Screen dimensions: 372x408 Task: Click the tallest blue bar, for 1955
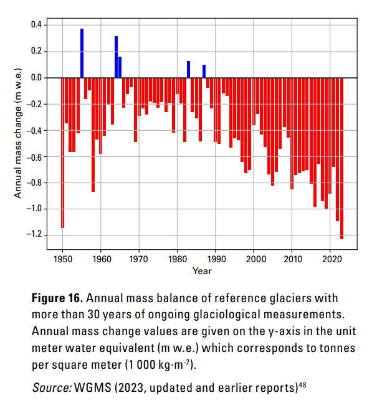[x=82, y=53]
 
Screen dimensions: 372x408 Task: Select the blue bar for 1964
[x=116, y=57]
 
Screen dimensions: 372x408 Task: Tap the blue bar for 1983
[x=188, y=70]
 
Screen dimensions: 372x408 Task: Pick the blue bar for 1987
[x=204, y=71]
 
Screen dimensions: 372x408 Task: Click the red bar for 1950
[x=62, y=153]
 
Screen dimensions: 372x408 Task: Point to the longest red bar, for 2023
[x=341, y=158]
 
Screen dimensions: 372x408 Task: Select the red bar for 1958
[x=93, y=135]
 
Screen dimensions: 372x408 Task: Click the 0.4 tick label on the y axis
[x=36, y=25]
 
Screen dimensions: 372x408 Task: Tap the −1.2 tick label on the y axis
[x=34, y=234]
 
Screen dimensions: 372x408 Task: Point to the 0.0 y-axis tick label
[x=36, y=77]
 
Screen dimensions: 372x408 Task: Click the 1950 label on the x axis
[x=62, y=259]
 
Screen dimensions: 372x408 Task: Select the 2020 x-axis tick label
[x=330, y=259]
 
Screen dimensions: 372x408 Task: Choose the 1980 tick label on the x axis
[x=178, y=259]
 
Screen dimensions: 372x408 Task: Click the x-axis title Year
[x=202, y=271]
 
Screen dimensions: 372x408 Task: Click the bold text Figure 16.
[x=57, y=298]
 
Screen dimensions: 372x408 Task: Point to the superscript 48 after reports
[x=302, y=385]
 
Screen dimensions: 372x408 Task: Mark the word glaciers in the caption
[x=290, y=298]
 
